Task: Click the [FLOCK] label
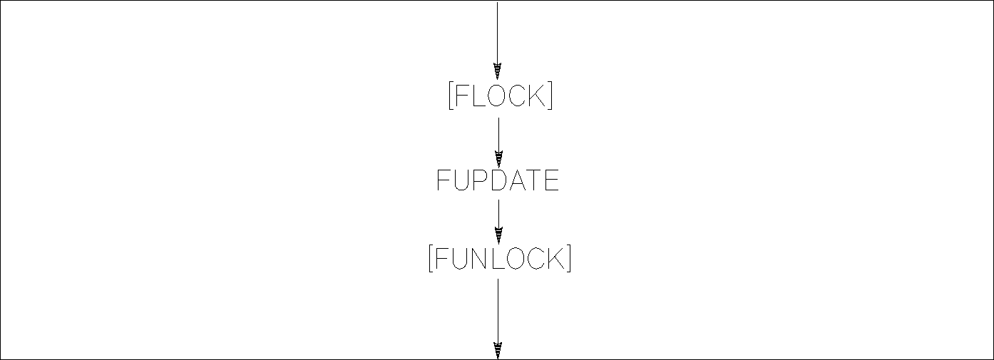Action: pyautogui.click(x=500, y=96)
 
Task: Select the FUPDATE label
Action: pyautogui.click(x=498, y=182)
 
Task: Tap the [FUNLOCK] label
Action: pyautogui.click(x=499, y=258)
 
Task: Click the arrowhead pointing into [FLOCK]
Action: pyautogui.click(x=498, y=71)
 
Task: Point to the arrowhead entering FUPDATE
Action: pyautogui.click(x=498, y=159)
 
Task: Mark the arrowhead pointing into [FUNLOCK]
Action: pyautogui.click(x=498, y=235)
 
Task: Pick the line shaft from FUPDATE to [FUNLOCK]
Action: pyautogui.click(x=498, y=213)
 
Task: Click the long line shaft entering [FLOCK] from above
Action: pyautogui.click(x=497, y=32)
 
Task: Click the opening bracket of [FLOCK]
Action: pyautogui.click(x=451, y=96)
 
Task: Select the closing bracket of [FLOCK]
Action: pyautogui.click(x=550, y=96)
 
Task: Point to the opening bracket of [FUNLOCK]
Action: pyautogui.click(x=430, y=258)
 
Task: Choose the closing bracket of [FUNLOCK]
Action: pyautogui.click(x=568, y=258)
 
